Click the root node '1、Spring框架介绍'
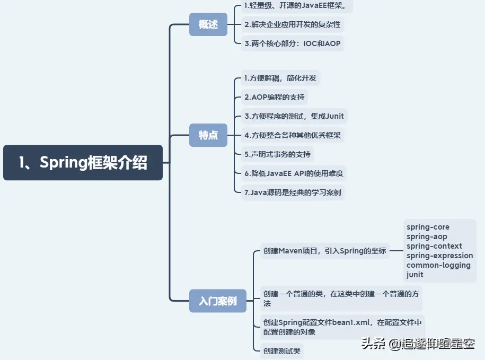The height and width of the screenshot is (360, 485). point(83,163)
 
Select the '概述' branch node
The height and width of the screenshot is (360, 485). point(208,25)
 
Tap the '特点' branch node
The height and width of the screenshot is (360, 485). point(208,135)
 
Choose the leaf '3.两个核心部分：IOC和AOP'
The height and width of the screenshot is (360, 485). point(293,43)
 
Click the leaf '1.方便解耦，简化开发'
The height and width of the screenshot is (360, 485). point(280,78)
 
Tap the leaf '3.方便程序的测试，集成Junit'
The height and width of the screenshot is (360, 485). point(294,116)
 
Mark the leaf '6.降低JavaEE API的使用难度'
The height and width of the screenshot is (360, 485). point(294,173)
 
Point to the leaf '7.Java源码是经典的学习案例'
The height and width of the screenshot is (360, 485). point(293,192)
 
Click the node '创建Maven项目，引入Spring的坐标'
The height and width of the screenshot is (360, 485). point(324,251)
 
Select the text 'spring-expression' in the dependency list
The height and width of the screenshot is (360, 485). point(439,256)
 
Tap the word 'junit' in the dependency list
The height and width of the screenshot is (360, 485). point(415,275)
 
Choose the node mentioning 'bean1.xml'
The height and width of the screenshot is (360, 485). point(342,327)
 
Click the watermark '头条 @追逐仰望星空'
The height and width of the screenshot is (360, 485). point(418,344)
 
